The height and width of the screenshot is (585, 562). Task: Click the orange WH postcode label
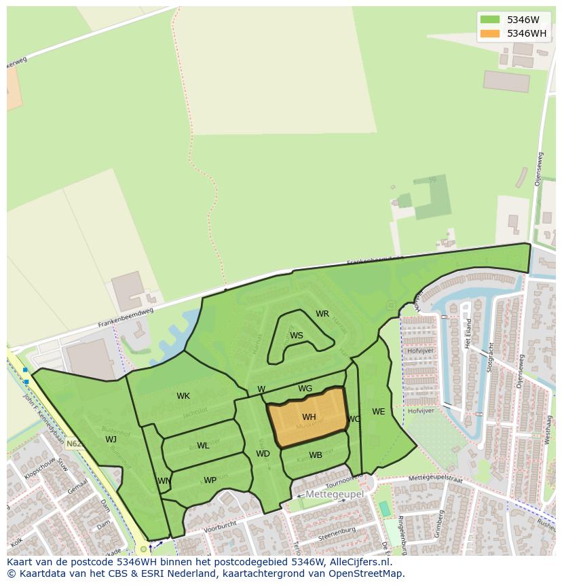click(309, 417)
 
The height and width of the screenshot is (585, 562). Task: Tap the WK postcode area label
click(183, 396)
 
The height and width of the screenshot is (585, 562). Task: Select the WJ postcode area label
click(111, 439)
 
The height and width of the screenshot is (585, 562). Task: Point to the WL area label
click(203, 446)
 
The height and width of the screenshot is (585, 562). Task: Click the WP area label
click(210, 480)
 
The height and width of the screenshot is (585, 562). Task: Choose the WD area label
click(263, 454)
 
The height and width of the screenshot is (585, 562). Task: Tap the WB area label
click(316, 455)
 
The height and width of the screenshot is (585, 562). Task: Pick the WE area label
click(378, 412)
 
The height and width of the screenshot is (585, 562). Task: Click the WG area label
click(305, 389)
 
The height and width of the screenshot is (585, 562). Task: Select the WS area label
click(297, 336)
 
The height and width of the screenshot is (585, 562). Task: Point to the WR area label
click(322, 314)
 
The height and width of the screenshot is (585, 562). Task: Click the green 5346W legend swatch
click(489, 20)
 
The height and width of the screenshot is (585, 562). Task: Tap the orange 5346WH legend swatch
click(489, 33)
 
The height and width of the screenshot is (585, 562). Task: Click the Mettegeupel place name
click(335, 494)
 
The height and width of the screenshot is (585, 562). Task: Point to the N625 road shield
click(74, 444)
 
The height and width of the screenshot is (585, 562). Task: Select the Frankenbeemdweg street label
click(126, 317)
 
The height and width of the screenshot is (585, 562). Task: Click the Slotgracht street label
click(489, 356)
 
